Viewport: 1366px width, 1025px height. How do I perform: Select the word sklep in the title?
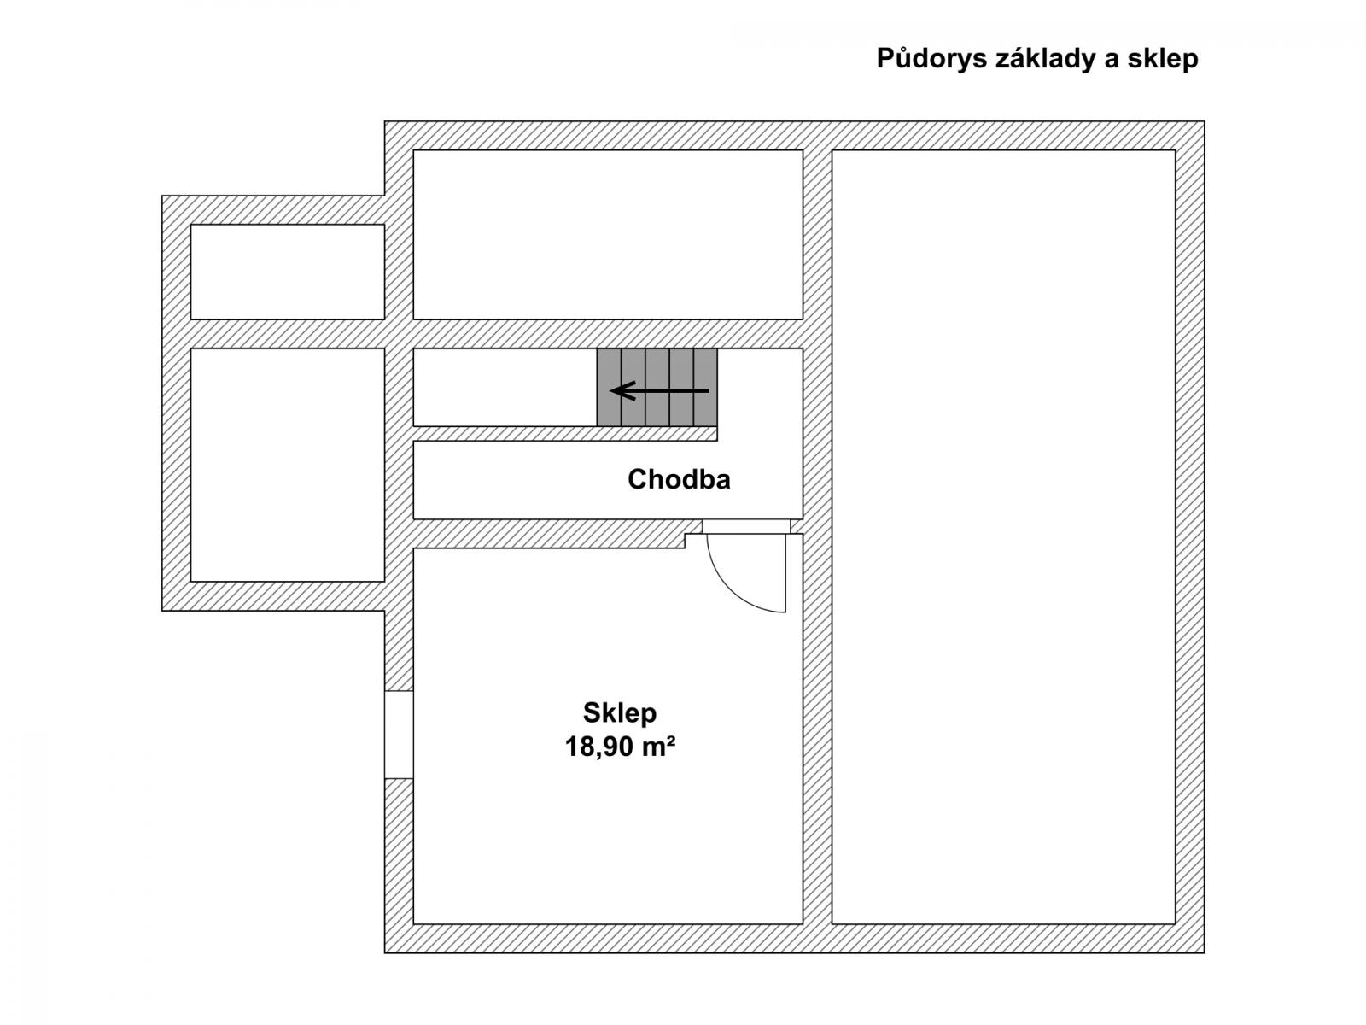point(1163,59)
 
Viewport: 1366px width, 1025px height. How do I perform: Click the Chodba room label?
point(679,479)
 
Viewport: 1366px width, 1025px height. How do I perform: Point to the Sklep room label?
point(619,713)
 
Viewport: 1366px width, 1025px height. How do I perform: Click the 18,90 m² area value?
point(620,747)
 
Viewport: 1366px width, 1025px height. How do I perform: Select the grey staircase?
point(657,387)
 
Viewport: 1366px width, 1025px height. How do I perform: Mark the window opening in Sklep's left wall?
point(399,735)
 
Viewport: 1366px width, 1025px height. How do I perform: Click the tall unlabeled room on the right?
point(1003,537)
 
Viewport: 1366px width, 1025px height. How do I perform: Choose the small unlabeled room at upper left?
point(288,272)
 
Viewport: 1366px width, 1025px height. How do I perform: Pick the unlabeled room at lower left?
point(288,465)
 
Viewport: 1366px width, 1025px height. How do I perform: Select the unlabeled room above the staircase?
point(608,235)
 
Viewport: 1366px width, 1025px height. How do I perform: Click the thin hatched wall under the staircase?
point(565,434)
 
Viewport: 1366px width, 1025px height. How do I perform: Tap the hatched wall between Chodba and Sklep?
point(550,533)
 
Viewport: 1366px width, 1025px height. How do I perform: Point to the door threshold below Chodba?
point(746,526)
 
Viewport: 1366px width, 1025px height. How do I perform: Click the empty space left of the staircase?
point(505,387)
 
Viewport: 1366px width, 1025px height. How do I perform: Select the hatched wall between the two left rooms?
point(288,334)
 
